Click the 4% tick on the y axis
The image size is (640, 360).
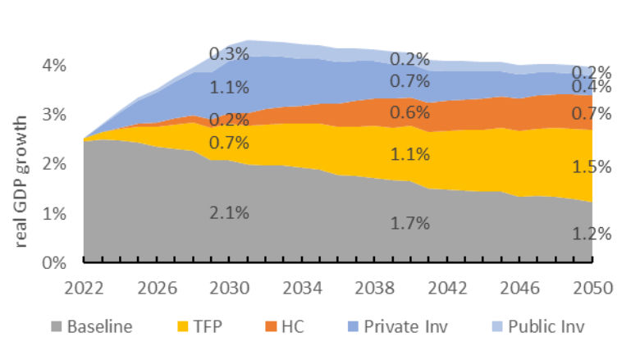[55, 65]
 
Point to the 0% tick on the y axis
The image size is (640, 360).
[55, 263]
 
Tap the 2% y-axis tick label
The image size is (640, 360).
[55, 164]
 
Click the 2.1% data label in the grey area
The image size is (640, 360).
[229, 215]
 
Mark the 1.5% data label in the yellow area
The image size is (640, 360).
[590, 167]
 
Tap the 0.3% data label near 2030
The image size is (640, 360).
[229, 54]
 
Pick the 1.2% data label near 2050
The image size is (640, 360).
[590, 234]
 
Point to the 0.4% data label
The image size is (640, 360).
[590, 87]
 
